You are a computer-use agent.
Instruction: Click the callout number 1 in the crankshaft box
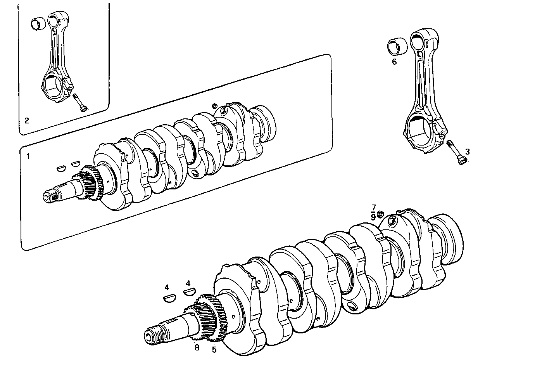pos(28,157)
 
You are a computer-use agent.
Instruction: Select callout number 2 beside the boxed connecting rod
pos(27,121)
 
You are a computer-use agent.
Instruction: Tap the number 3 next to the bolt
pos(468,151)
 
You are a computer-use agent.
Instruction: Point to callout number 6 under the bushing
pos(394,62)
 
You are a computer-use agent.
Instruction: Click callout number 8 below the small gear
pos(197,348)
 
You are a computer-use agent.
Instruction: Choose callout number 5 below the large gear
pos(214,350)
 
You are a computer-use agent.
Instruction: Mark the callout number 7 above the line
pos(373,207)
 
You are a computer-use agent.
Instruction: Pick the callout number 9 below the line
pos(373,217)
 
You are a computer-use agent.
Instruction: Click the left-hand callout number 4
pos(167,288)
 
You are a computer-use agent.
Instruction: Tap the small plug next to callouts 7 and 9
pos(381,213)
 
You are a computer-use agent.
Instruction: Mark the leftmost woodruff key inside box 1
pos(61,168)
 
